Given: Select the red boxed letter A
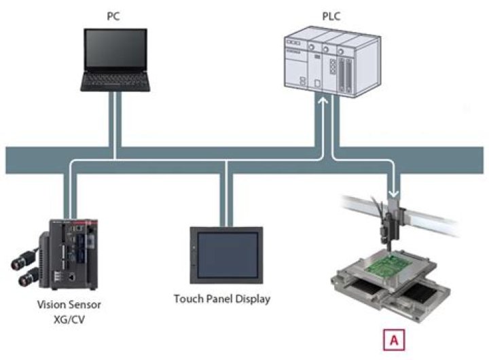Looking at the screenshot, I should pos(393,337).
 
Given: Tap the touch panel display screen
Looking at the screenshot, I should pos(226,254).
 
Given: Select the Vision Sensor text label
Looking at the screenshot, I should pos(69,305).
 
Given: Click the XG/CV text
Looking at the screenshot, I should pos(69,318).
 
